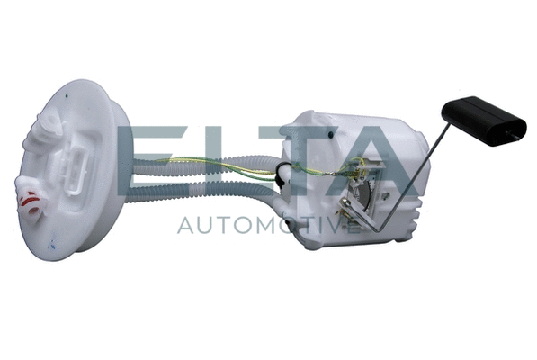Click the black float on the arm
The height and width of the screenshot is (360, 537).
pyautogui.click(x=484, y=121)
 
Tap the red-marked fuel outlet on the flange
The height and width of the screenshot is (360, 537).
pyautogui.click(x=31, y=202)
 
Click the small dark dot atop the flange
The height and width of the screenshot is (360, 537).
pyautogui.click(x=67, y=96)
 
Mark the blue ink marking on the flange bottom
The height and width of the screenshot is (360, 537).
pyautogui.click(x=52, y=243)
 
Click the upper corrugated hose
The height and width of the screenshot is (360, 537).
pyautogui.click(x=205, y=165)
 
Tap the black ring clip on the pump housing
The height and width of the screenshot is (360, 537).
pyautogui.click(x=281, y=175)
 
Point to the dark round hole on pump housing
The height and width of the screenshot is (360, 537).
pyautogui.click(x=330, y=135)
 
